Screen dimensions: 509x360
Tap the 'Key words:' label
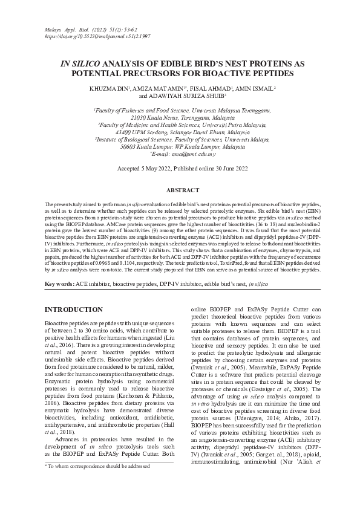point(59,284)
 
